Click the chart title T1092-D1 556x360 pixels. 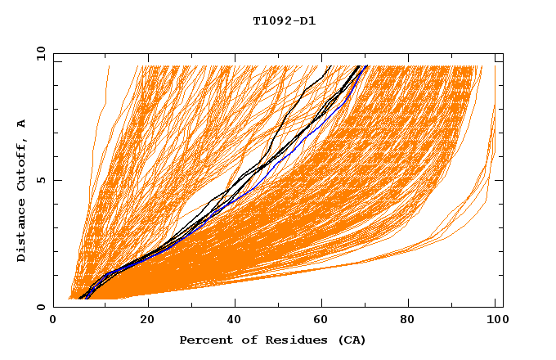click(285, 20)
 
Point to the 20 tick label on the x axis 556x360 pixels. click(147, 321)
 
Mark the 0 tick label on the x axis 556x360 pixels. click(54, 321)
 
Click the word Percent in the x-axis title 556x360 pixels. click(205, 340)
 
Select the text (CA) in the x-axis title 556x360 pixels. click(352, 340)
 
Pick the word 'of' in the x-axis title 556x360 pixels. click(248, 340)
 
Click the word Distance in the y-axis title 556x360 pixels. click(22, 232)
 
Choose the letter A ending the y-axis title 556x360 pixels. click(22, 124)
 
